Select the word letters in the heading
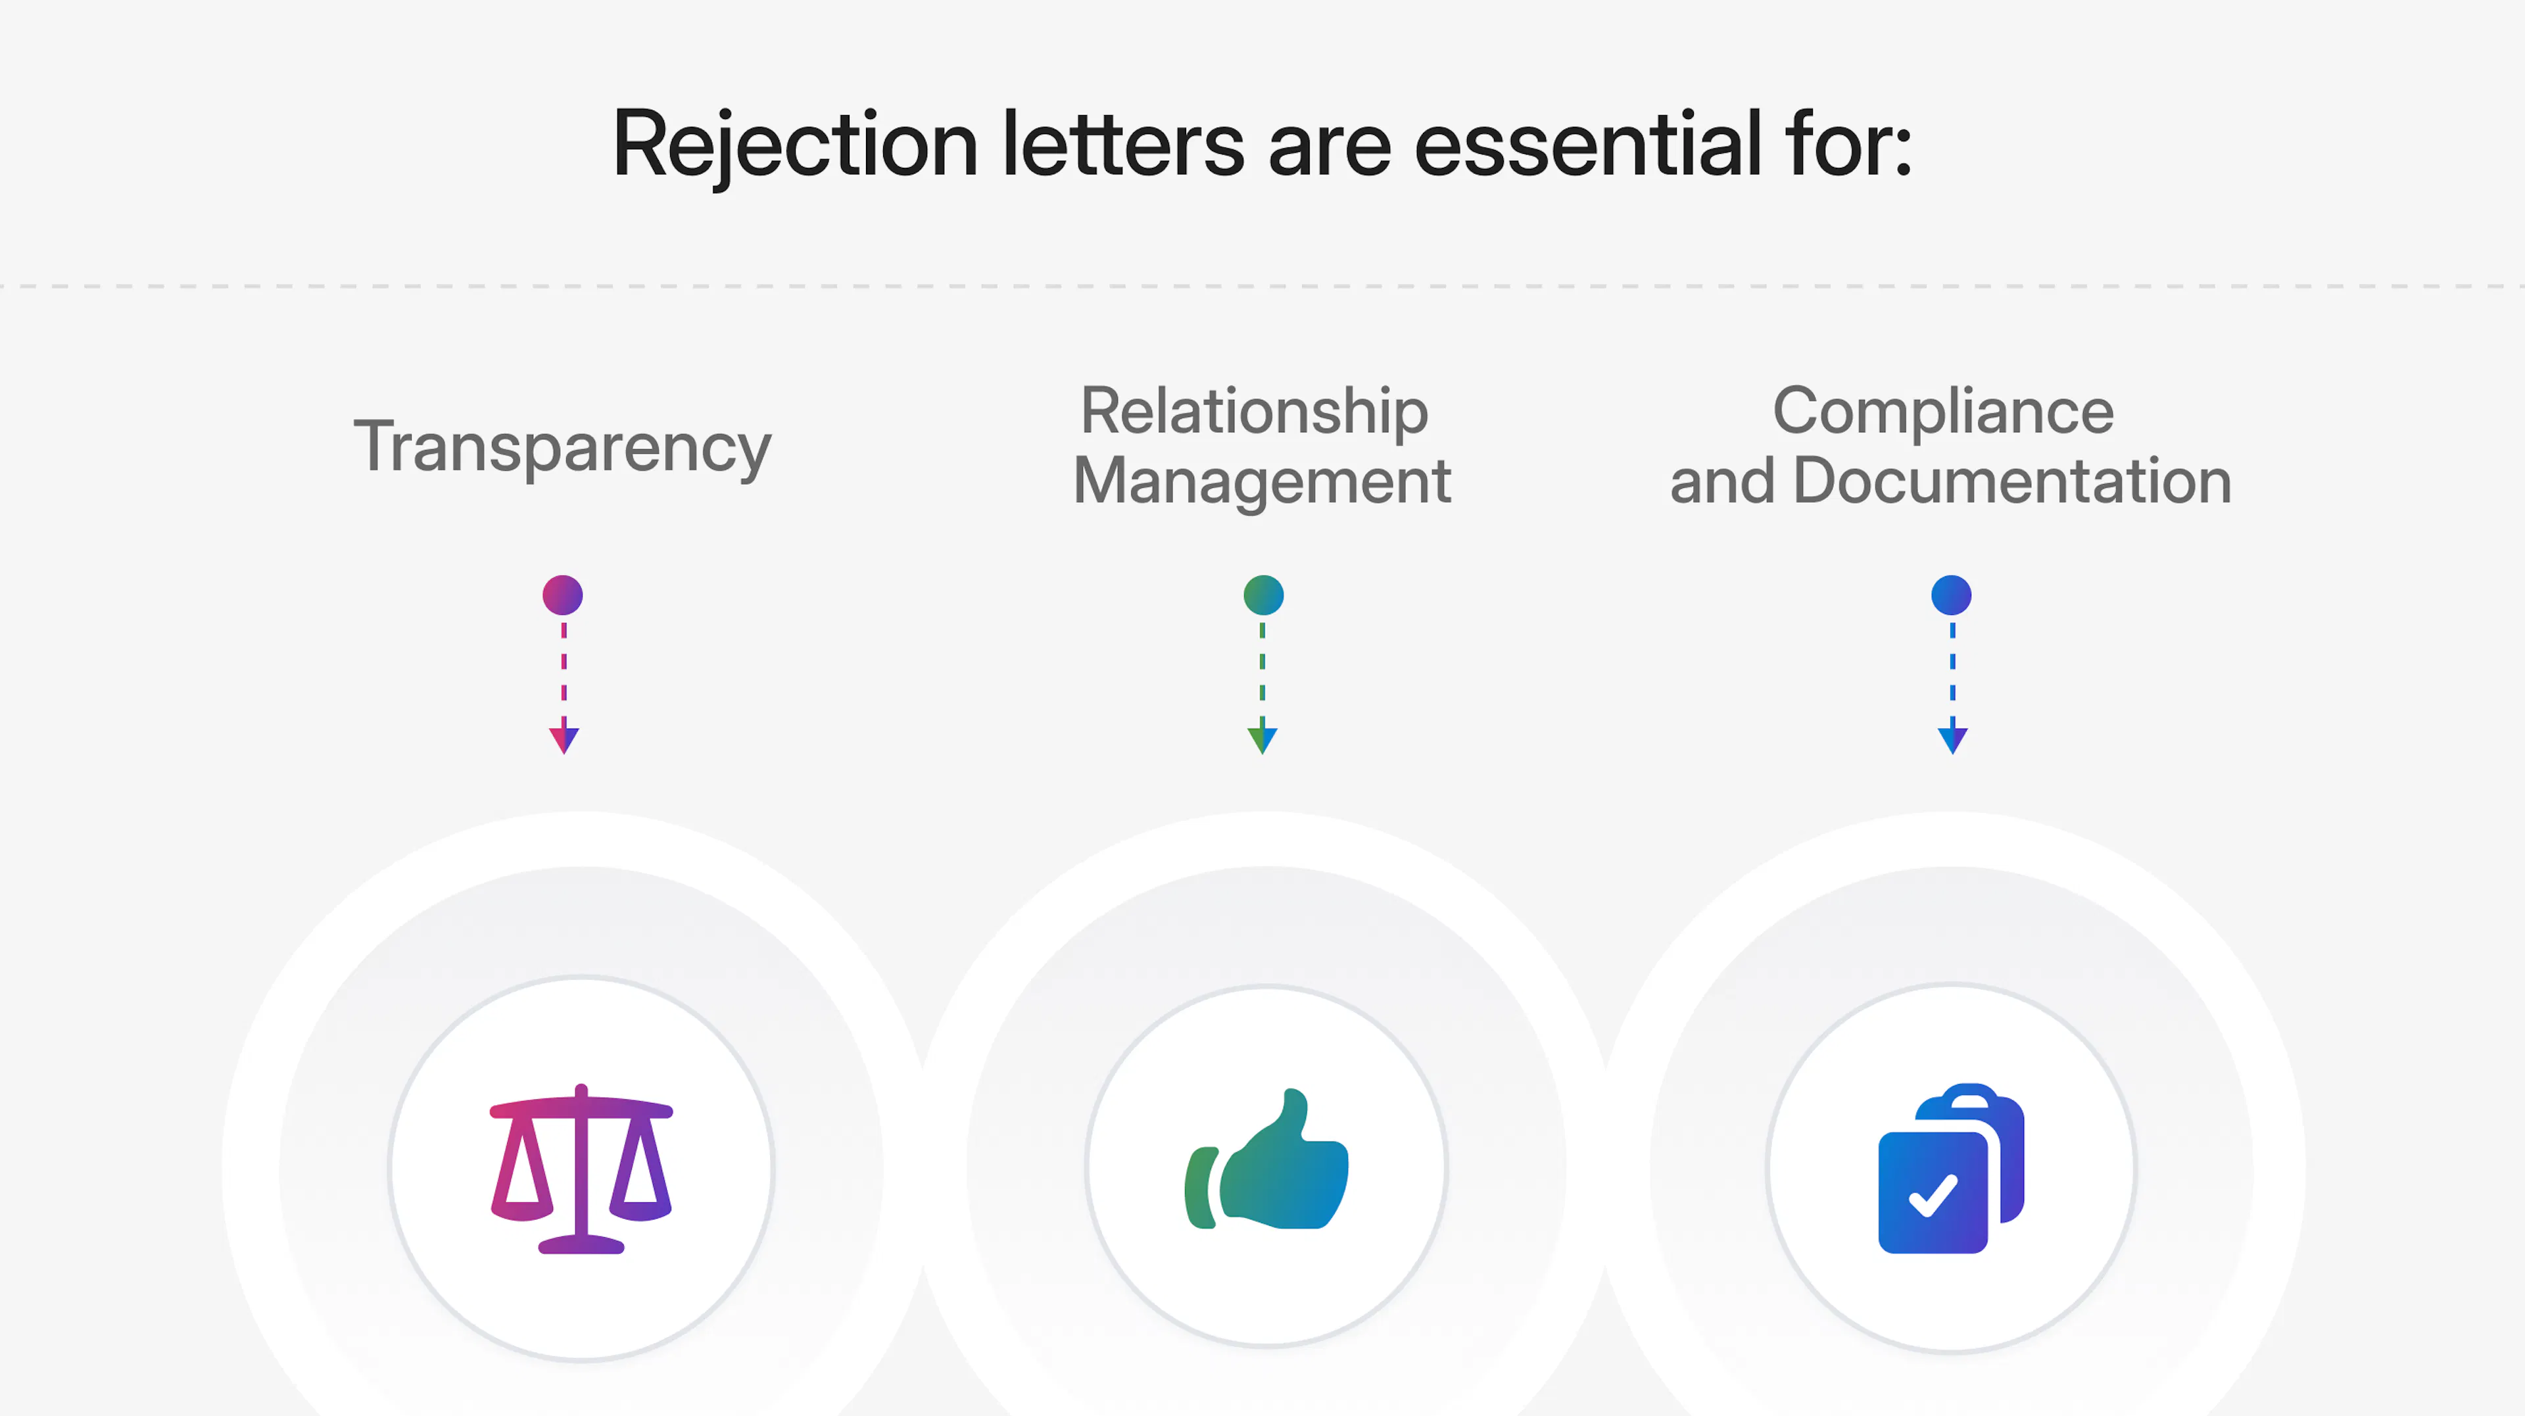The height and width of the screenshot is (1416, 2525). (1122, 145)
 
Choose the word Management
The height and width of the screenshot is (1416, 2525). (1262, 481)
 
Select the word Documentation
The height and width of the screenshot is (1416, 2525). (2011, 481)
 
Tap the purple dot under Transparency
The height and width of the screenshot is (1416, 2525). (563, 595)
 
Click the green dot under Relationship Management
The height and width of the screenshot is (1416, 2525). (1263, 595)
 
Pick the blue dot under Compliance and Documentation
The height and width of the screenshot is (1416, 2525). (1950, 595)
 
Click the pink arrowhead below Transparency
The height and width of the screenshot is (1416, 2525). (564, 739)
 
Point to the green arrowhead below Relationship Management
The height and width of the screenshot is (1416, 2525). (1262, 739)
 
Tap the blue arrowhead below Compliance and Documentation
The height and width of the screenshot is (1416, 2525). (1952, 739)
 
